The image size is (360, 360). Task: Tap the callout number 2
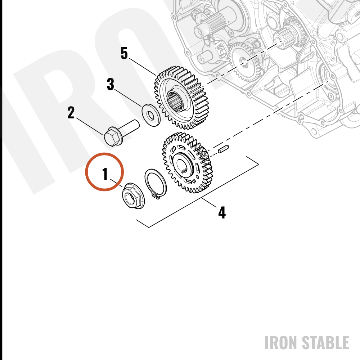(71, 112)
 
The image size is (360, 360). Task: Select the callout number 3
(111, 84)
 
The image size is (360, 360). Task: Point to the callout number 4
(222, 213)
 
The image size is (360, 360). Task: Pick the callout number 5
(124, 53)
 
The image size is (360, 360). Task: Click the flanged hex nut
(133, 196)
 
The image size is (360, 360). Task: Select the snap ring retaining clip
(156, 183)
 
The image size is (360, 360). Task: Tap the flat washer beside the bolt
(150, 115)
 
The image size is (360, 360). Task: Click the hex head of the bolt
(113, 136)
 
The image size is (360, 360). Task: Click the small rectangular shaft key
(223, 149)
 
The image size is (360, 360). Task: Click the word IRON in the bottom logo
(281, 343)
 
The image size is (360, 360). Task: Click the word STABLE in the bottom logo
(325, 343)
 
